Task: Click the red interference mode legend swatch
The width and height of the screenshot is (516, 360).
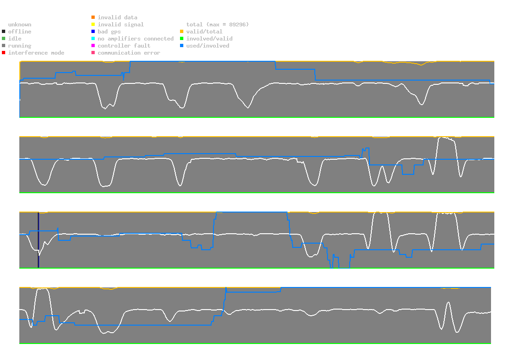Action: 4,53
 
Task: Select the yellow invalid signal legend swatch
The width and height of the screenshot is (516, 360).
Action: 93,25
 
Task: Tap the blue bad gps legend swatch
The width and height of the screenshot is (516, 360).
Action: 93,32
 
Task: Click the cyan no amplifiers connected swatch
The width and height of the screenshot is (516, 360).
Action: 93,39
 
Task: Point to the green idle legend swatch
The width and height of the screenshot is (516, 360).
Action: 4,39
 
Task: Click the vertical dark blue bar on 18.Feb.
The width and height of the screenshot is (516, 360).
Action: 38,240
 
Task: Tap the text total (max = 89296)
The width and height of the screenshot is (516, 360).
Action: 217,25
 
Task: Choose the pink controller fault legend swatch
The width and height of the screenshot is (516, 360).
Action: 93,46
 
